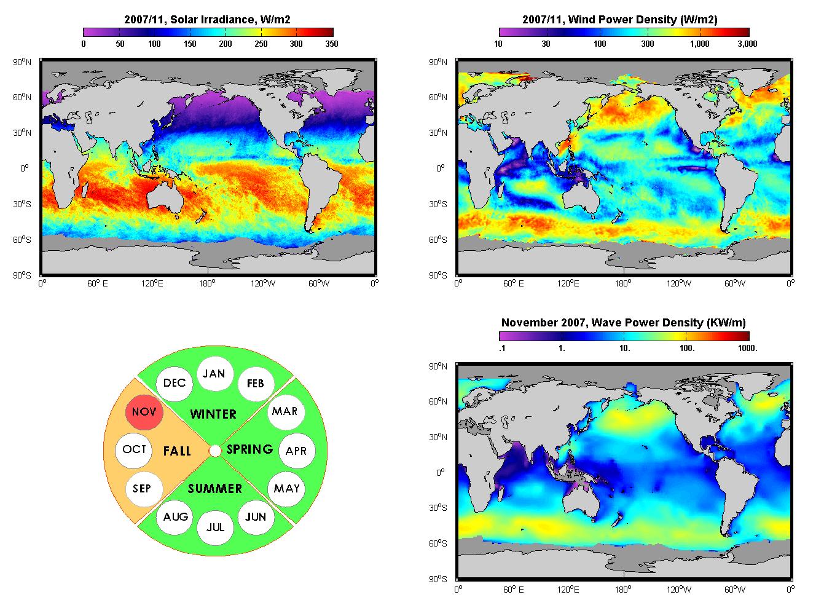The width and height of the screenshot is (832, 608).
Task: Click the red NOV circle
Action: point(144,412)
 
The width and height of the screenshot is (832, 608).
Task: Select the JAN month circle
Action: point(215,373)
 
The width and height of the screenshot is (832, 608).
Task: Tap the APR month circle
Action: point(297,451)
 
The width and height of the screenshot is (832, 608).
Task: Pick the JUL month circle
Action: point(216,527)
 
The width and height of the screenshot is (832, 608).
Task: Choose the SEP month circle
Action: point(144,489)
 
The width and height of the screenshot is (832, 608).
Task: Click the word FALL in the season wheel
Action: point(177,451)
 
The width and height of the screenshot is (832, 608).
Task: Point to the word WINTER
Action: point(213,414)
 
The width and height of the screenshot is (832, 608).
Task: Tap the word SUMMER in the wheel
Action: point(215,489)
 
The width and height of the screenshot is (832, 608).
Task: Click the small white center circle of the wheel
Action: point(215,451)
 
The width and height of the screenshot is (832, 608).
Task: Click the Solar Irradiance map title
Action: point(207,19)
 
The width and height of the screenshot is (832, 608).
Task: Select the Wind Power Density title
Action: point(620,19)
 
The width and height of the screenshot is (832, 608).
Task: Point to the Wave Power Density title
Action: point(624,322)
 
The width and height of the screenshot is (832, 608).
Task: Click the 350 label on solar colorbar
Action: point(332,44)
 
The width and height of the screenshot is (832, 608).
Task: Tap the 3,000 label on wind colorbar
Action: point(747,44)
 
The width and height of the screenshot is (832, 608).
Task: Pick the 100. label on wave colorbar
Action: point(687,348)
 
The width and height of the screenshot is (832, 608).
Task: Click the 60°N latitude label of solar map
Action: point(22,97)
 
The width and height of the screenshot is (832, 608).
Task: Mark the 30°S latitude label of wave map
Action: point(438,508)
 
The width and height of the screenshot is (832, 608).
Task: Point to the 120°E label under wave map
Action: point(568,590)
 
